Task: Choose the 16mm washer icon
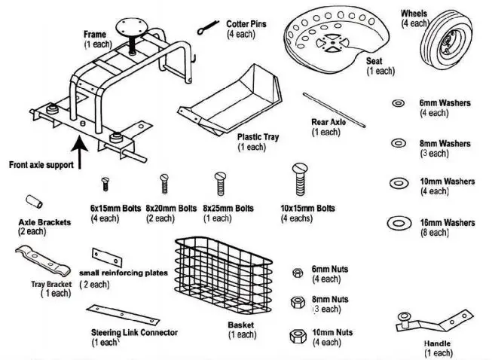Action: (x=397, y=223)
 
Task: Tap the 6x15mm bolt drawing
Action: (x=106, y=182)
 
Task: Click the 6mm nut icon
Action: (x=298, y=273)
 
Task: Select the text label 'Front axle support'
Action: (x=41, y=163)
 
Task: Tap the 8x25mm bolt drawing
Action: (x=220, y=182)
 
